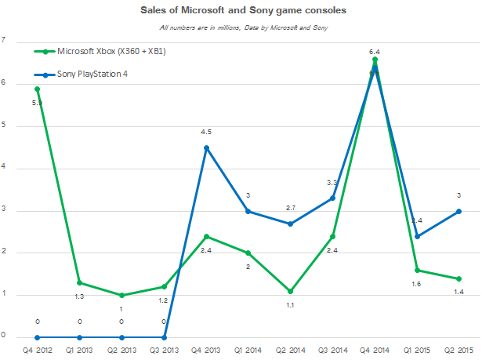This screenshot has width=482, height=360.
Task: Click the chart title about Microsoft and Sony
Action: (244, 12)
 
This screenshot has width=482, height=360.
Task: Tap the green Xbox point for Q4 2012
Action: (36, 89)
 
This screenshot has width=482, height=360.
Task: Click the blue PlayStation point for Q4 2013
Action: (206, 147)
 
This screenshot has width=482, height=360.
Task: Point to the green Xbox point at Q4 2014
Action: (375, 60)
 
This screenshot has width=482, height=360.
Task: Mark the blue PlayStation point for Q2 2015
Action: (460, 211)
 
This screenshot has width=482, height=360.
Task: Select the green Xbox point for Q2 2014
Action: (291, 291)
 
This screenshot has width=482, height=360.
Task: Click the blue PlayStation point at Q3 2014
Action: (333, 198)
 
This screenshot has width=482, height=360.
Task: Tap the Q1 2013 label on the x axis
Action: (79, 348)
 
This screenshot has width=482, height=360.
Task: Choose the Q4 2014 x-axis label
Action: (375, 348)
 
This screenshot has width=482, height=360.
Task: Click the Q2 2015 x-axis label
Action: (460, 348)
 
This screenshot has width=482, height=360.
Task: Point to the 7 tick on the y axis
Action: (4, 41)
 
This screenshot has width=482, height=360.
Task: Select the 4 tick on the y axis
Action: (4, 168)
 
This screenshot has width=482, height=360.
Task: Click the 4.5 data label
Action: (206, 132)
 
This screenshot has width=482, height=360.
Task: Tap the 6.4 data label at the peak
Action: (375, 51)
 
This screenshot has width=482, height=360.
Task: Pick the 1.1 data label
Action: (291, 306)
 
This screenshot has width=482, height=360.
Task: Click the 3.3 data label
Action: (332, 183)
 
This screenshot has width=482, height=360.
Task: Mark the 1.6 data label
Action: (418, 285)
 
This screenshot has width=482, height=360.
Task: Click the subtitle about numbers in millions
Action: (244, 27)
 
